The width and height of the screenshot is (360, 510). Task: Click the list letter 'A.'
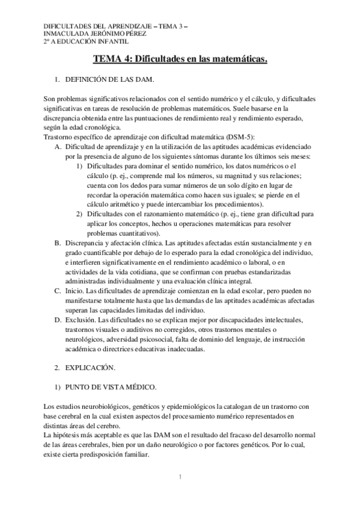58,146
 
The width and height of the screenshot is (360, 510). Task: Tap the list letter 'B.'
58,243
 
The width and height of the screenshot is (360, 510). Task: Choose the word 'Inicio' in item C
76,290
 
